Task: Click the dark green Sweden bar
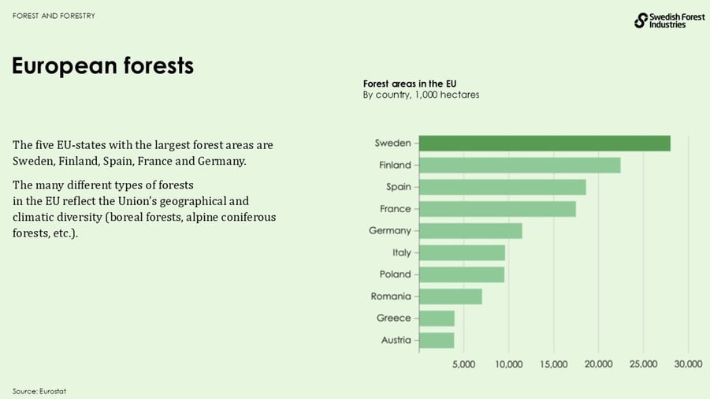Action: coord(544,144)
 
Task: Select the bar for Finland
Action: coord(519,165)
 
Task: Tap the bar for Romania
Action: coord(450,296)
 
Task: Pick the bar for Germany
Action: coord(470,231)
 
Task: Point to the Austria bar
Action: coord(437,340)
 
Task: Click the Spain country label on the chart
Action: coord(397,187)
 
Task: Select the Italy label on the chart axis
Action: coord(401,252)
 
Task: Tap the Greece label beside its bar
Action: coord(393,318)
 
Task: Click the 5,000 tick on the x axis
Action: coord(463,364)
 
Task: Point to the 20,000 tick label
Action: coord(599,364)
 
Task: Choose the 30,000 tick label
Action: coord(689,364)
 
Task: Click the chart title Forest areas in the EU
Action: coord(410,84)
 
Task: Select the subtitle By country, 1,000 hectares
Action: coord(421,95)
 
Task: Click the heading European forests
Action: coord(102,66)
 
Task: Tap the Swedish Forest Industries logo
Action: coord(660,21)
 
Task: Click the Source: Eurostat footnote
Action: coord(39,391)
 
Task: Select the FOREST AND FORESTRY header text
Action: coord(54,16)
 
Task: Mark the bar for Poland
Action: coord(461,274)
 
